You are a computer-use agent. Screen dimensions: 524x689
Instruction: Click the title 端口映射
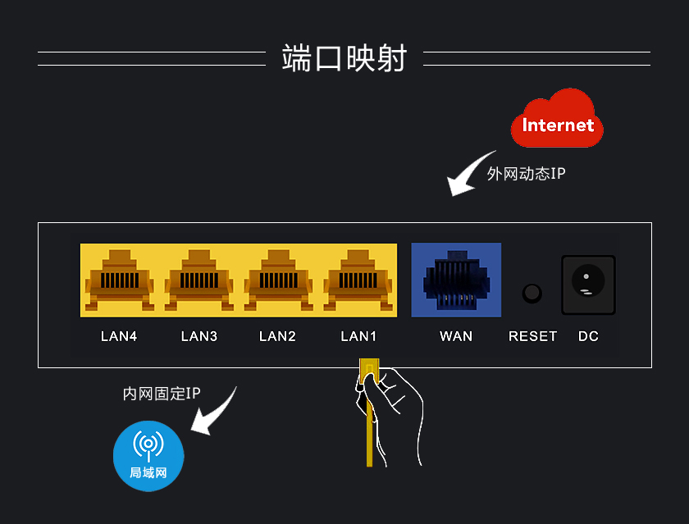point(344,58)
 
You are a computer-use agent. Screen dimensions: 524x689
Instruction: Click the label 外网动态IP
point(526,174)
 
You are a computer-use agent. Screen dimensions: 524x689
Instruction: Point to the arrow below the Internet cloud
point(471,174)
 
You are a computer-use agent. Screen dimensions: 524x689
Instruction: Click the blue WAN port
point(456,280)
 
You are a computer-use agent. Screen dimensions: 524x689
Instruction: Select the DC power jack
point(587,285)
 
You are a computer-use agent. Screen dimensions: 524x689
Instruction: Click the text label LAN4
point(119,336)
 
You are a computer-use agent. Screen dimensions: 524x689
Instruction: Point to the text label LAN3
point(198,336)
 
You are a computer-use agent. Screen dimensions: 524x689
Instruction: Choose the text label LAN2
point(277,336)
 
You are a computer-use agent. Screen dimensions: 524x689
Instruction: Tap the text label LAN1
point(358,336)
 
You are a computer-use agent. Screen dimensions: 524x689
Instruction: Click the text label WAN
point(456,336)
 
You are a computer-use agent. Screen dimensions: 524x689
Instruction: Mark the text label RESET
point(532,336)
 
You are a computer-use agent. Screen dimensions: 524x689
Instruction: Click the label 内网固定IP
point(162,394)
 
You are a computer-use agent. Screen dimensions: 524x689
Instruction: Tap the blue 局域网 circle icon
point(148,455)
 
